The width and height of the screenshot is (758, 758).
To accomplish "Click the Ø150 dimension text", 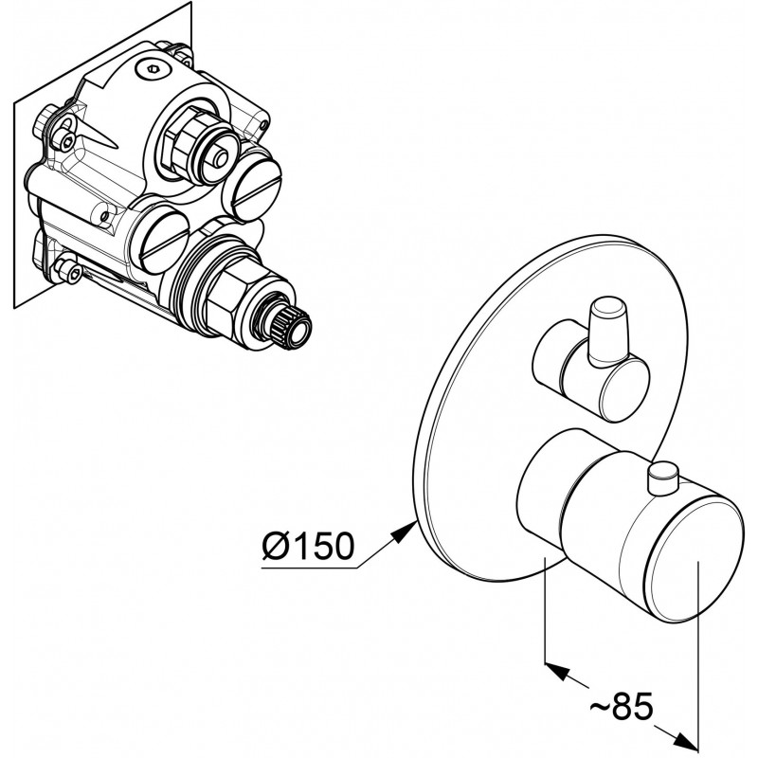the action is click(x=308, y=546).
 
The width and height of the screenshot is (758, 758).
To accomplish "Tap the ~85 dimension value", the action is click(x=622, y=707).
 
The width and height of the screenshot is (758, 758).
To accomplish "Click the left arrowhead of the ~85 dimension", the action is click(x=557, y=671).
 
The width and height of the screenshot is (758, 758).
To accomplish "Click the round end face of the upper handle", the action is click(x=623, y=389).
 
